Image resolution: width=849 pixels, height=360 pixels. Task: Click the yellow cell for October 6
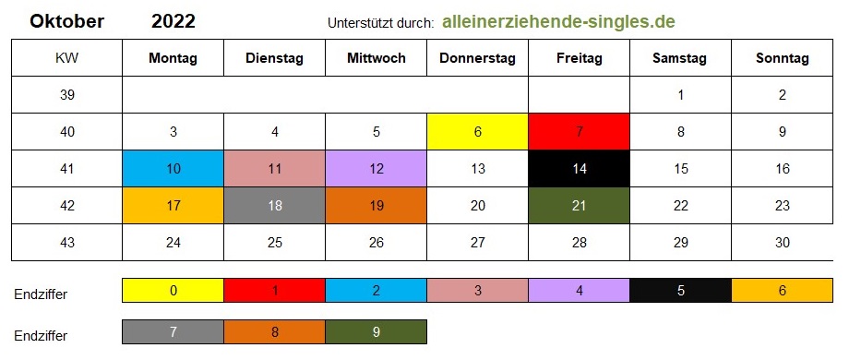(478, 132)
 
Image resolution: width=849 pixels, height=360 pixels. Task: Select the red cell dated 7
(579, 132)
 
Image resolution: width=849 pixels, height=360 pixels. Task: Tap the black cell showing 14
(579, 168)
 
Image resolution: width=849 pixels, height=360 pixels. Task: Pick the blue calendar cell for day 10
(173, 168)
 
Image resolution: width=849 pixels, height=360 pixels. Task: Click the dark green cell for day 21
(579, 205)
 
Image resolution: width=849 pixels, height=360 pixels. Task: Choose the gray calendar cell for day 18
(274, 205)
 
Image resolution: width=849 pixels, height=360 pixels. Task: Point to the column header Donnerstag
(478, 58)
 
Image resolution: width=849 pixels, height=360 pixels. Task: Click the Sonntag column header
(783, 58)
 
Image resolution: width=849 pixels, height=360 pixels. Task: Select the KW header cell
(66, 58)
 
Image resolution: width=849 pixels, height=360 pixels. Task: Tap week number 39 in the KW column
(67, 95)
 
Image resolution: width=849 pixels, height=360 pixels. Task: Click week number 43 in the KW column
(67, 242)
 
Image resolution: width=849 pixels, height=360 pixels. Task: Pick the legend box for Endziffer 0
(173, 290)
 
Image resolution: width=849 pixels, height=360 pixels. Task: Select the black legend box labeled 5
(681, 290)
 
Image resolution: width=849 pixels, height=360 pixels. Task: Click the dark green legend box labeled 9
(377, 332)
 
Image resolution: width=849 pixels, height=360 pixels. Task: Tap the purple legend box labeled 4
(579, 290)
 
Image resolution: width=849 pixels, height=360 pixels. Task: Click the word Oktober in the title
(67, 21)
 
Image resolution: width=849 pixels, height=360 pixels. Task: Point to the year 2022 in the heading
(173, 21)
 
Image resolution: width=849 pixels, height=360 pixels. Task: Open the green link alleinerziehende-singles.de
(559, 21)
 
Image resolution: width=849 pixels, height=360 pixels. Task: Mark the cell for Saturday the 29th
(681, 242)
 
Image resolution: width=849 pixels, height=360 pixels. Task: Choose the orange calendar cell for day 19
(377, 205)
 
